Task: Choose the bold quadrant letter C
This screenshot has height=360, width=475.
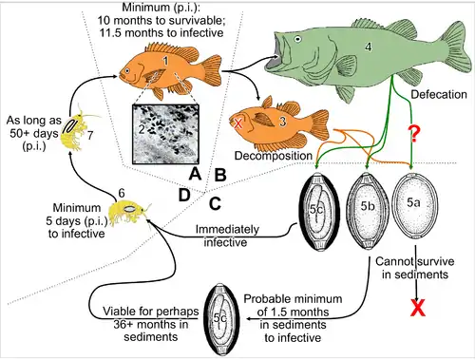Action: pos(215,201)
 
